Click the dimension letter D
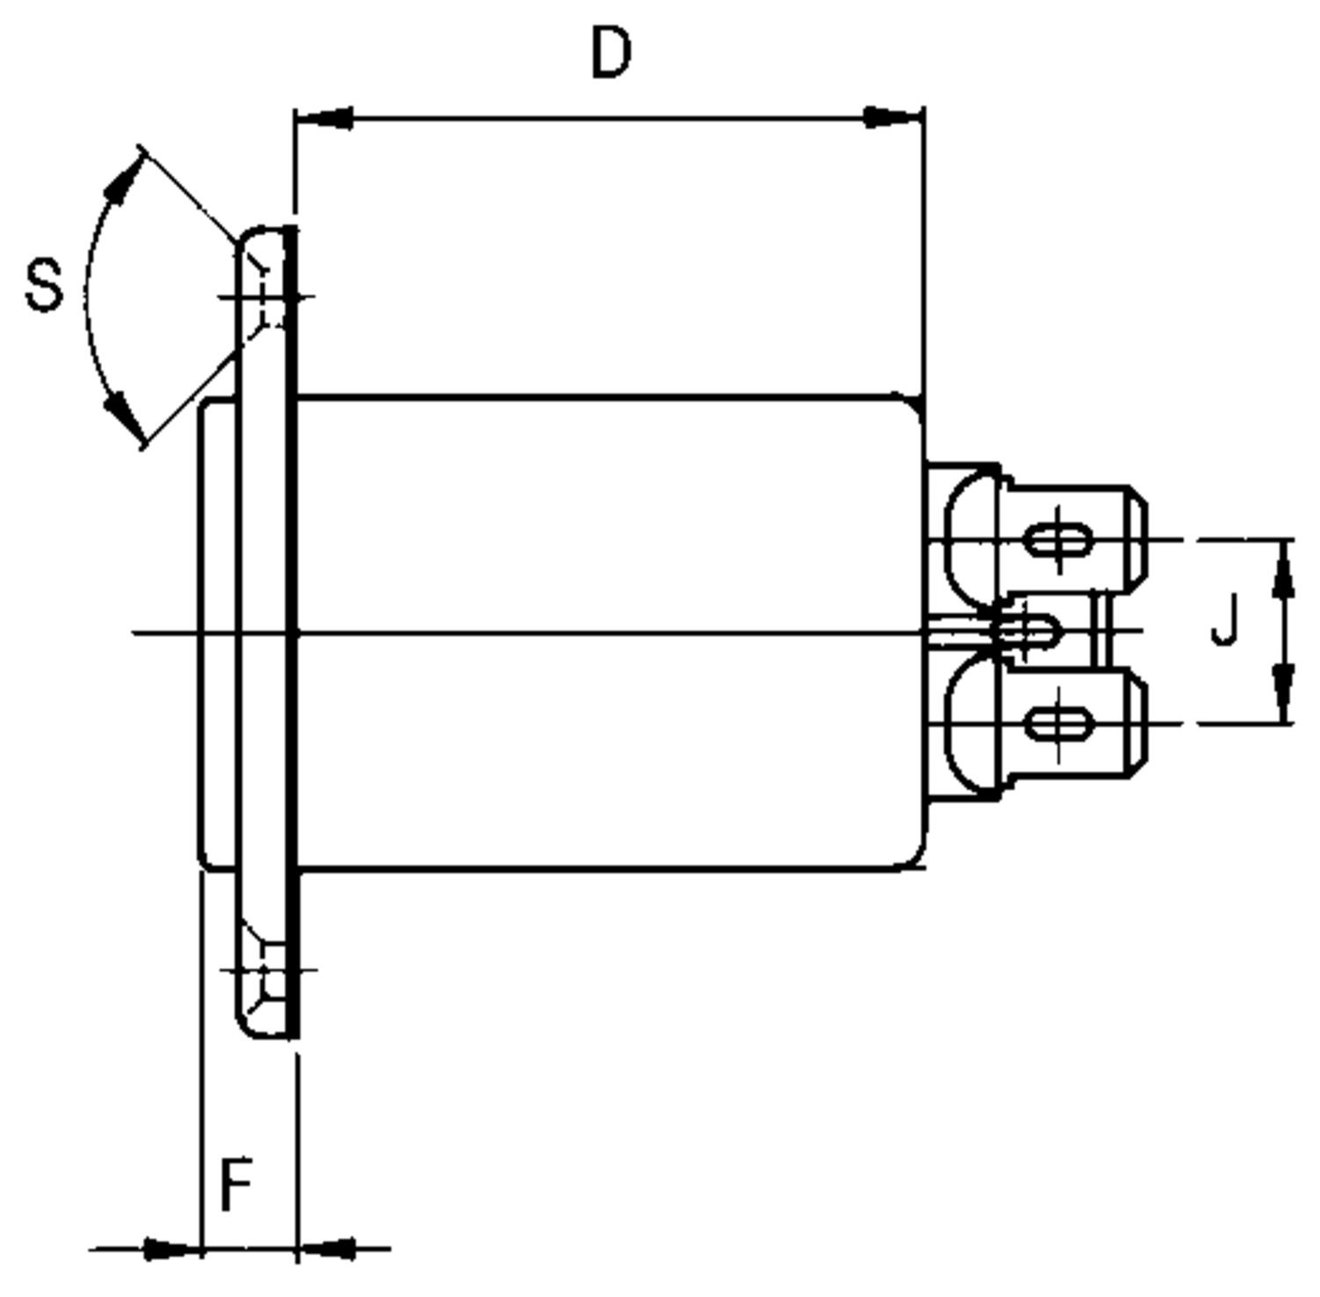click(x=611, y=53)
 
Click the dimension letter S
click(x=44, y=285)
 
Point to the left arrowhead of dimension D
click(x=326, y=118)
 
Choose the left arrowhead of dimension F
click(x=169, y=1248)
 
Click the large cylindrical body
click(x=607, y=634)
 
